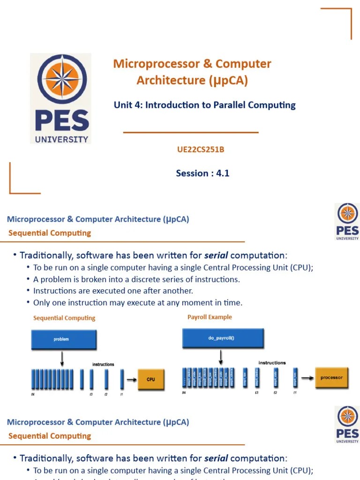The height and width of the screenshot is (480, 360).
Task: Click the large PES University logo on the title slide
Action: [x=60, y=98]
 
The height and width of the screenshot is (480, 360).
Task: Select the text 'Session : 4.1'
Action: [x=202, y=173]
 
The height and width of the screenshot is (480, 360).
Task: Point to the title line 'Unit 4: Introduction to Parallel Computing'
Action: [x=204, y=105]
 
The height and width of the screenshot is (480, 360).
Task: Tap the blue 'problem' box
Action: [x=64, y=339]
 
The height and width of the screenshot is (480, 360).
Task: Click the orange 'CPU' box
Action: [x=150, y=379]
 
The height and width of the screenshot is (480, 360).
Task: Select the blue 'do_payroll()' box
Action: [x=222, y=338]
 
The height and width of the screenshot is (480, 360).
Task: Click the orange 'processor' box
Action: [x=331, y=377]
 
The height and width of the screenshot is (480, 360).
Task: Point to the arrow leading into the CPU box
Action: [x=131, y=379]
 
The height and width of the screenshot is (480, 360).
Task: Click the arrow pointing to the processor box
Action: [x=307, y=377]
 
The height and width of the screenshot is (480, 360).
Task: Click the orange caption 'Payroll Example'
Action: [x=210, y=317]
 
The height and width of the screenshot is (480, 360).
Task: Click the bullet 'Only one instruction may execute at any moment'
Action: [x=137, y=303]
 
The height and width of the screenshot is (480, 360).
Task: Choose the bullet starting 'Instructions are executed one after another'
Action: [x=113, y=291]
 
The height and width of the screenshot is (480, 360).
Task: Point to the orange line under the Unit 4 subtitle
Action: [x=191, y=133]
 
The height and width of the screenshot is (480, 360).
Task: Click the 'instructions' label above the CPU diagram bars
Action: [x=103, y=364]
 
